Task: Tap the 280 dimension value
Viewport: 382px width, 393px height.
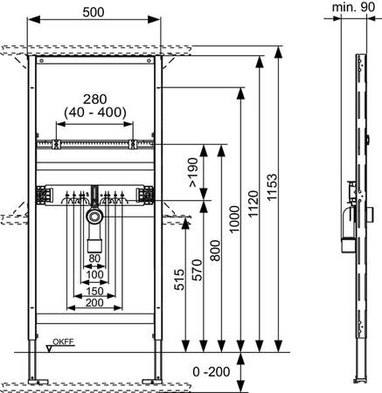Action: pyautogui.click(x=96, y=98)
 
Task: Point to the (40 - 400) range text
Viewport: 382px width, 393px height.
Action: pyautogui.click(x=96, y=113)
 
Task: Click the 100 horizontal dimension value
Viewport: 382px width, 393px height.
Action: pyautogui.click(x=94, y=274)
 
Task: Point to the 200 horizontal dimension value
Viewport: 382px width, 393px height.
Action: pyautogui.click(x=94, y=303)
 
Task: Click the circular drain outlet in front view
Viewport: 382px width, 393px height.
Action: pyautogui.click(x=94, y=216)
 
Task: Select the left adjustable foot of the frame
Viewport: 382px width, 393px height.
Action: pyautogui.click(x=32, y=367)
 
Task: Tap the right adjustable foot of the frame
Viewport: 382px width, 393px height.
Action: pyautogui.click(x=161, y=367)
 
